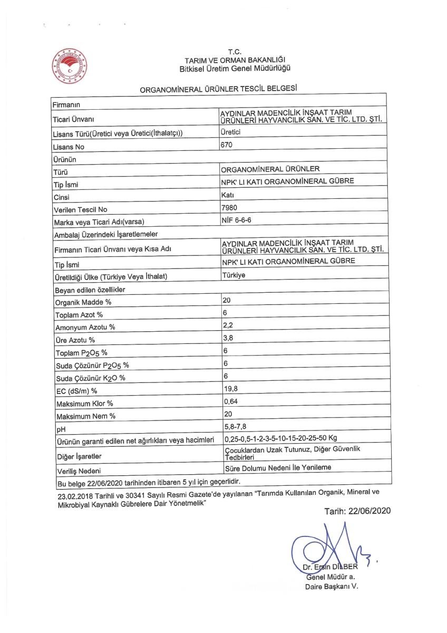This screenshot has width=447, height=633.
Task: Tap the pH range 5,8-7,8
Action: [236, 426]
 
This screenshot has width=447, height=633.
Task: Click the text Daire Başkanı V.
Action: [332, 587]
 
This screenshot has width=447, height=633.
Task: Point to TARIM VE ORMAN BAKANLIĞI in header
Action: [236, 60]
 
